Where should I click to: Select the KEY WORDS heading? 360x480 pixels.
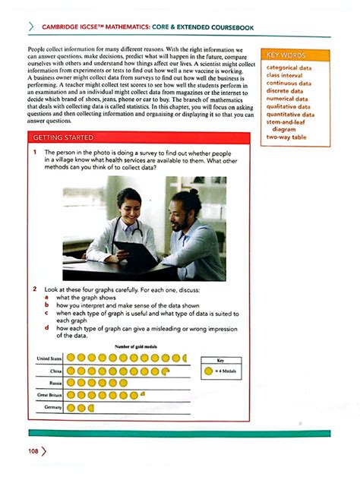tap(286, 55)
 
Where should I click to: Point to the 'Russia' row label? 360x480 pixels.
tap(55, 384)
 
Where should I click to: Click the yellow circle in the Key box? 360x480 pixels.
tap(207, 371)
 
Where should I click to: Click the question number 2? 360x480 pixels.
tap(35, 290)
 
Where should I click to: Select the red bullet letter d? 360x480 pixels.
tap(47, 328)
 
